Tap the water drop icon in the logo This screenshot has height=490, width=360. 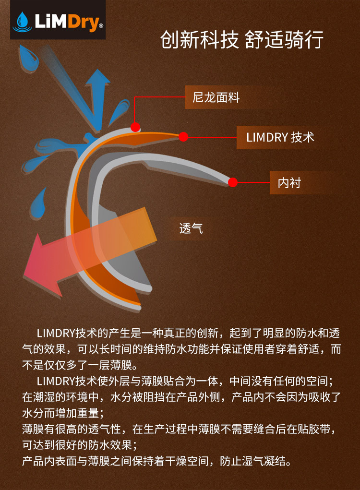[x=23, y=21]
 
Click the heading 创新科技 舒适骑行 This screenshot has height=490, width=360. [x=241, y=40]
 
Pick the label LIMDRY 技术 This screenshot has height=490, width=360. [x=280, y=137]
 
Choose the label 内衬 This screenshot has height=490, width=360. [x=289, y=183]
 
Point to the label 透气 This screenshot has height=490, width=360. [x=191, y=228]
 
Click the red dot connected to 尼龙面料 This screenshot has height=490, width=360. [x=135, y=127]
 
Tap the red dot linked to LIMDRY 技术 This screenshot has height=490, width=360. [x=183, y=137]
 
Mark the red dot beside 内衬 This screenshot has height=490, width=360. [x=233, y=182]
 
